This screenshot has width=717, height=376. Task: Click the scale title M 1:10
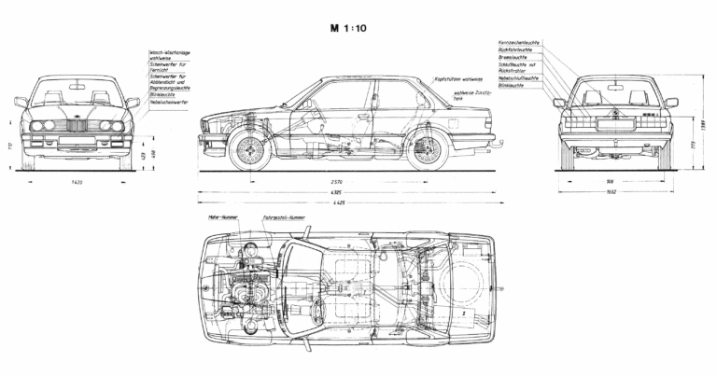point(358,28)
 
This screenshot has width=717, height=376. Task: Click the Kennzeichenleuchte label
point(522,43)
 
